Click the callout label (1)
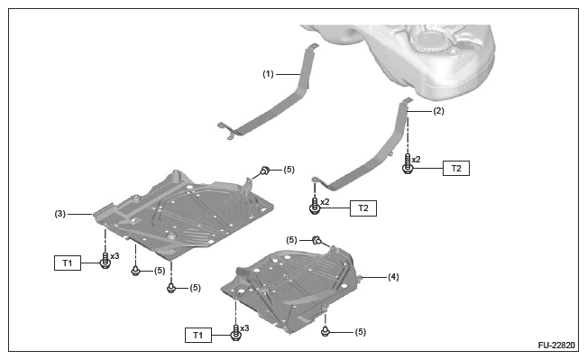268,74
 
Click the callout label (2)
439,111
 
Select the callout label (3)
60,214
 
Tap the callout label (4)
393,277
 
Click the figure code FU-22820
556,345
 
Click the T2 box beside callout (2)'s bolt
456,168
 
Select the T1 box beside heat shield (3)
68,263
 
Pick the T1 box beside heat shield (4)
198,335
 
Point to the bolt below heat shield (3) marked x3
105,261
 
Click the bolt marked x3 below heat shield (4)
236,333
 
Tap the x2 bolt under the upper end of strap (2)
408,163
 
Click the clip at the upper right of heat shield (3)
265,171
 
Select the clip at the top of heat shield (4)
316,240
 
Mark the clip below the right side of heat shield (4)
326,331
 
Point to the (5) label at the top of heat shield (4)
291,240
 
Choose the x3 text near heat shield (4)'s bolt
244,328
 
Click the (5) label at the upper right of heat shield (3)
289,170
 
